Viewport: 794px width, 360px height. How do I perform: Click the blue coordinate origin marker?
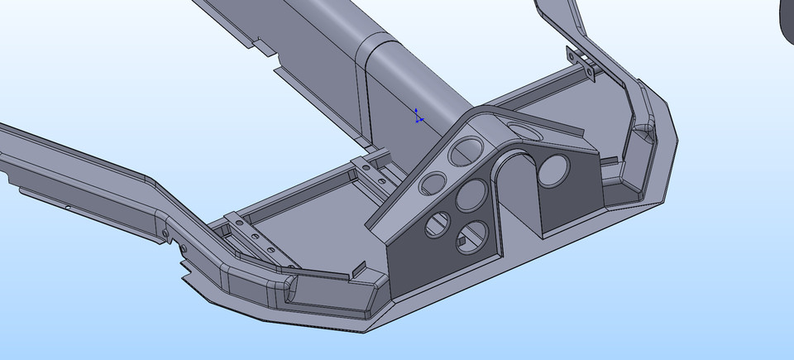coord(418,117)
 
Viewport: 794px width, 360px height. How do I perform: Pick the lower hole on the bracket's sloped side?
coord(432,183)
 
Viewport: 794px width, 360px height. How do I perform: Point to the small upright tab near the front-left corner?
coord(358,271)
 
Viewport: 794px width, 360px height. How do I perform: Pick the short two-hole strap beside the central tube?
coord(372,169)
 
